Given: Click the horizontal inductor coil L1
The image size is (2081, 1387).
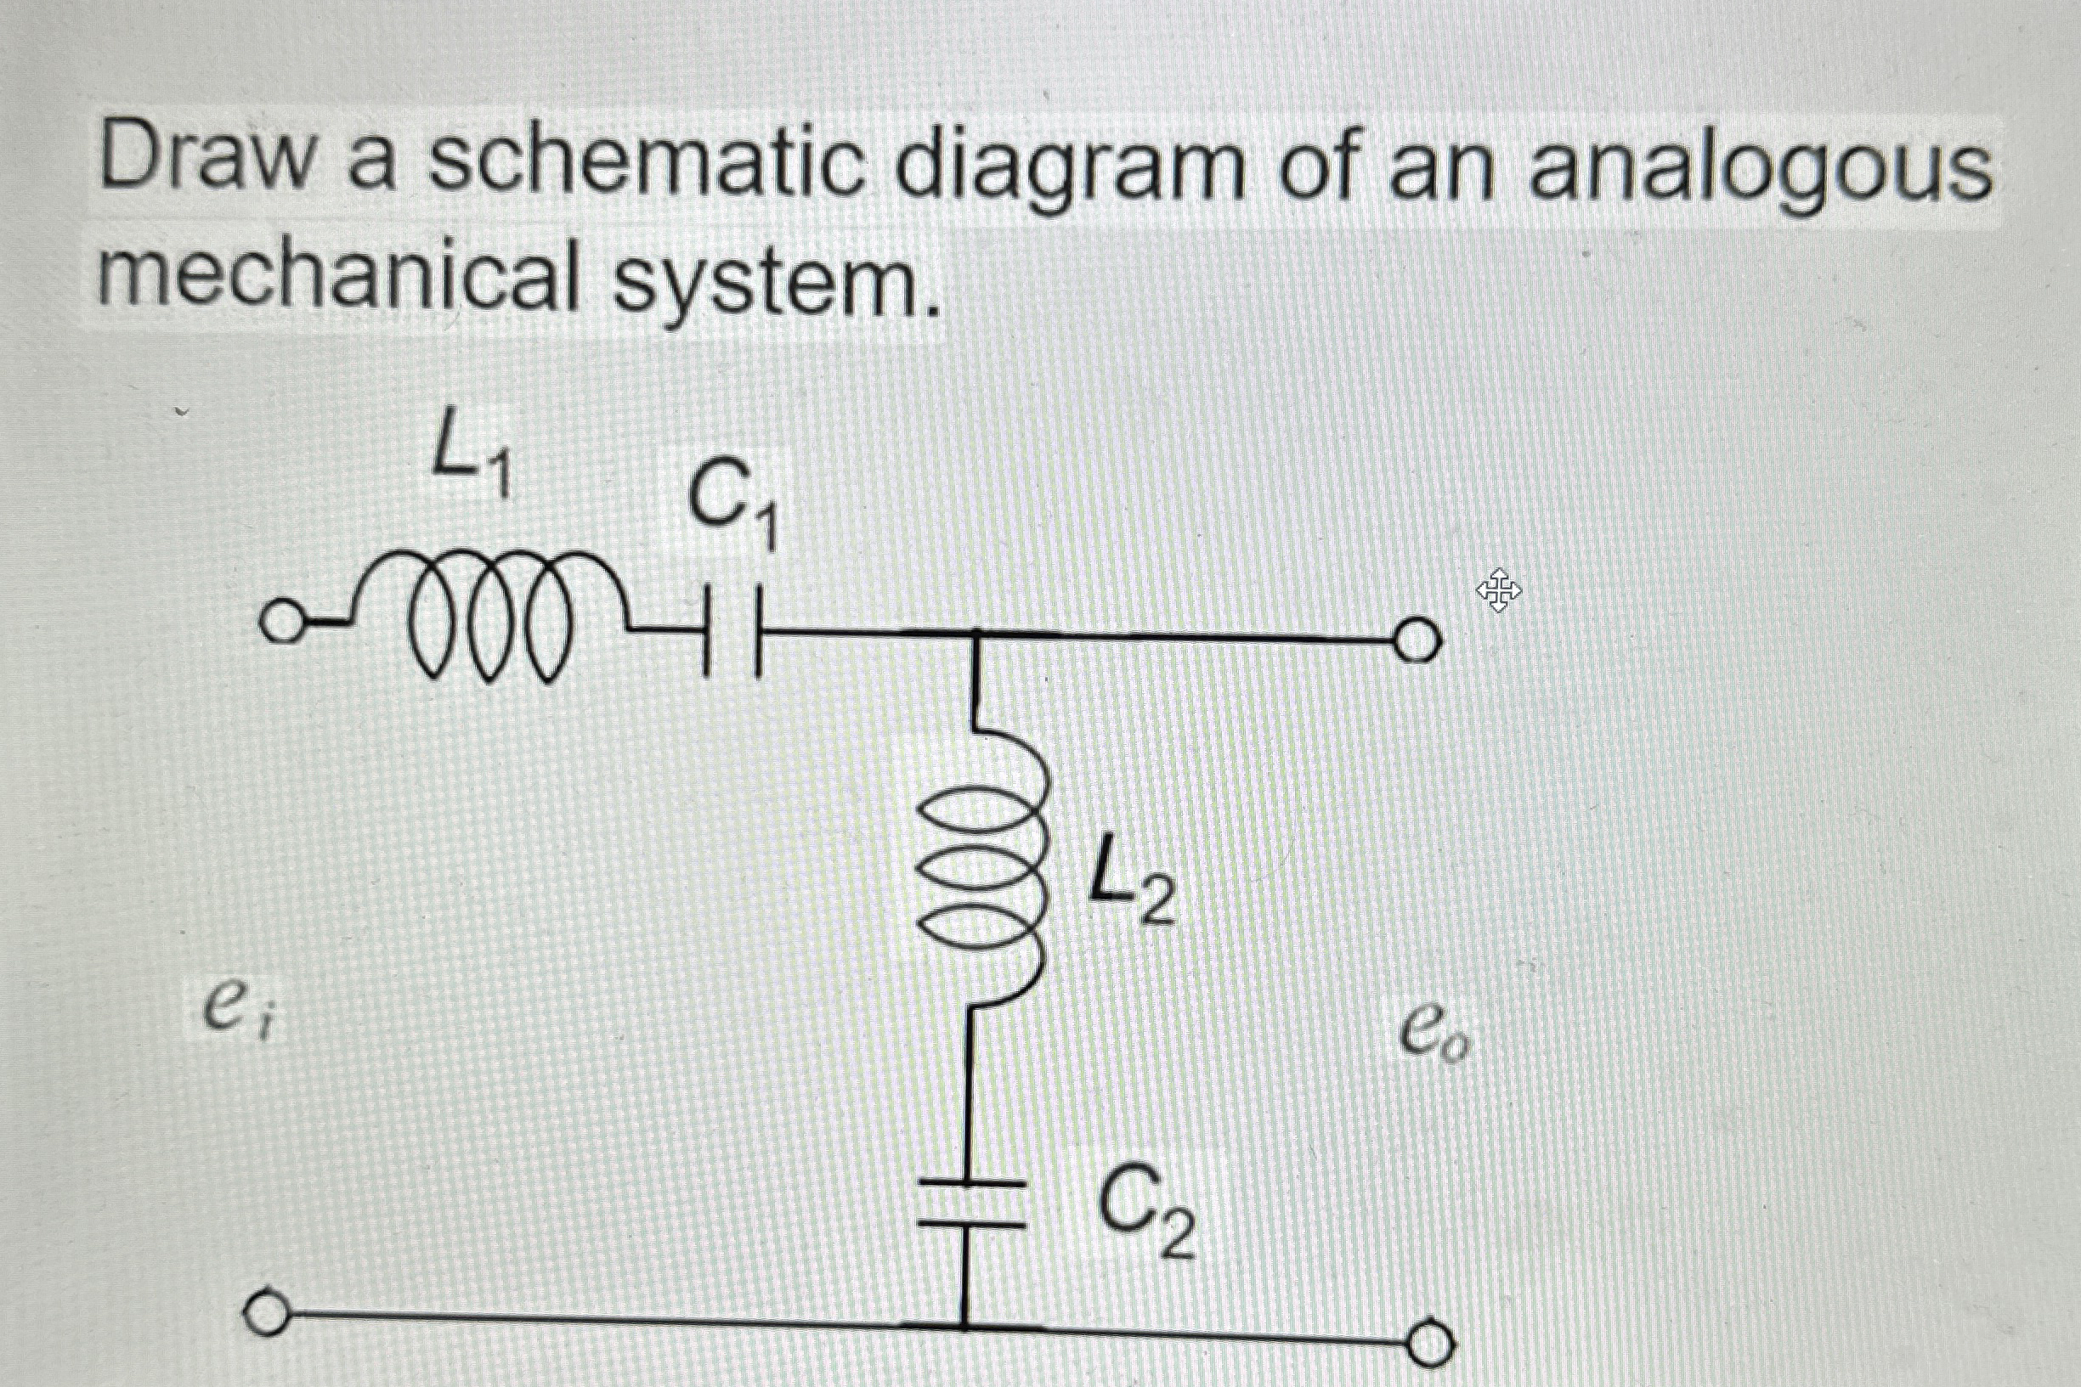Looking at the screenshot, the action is point(487,615).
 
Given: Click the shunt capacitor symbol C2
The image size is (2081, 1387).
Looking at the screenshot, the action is point(970,1203).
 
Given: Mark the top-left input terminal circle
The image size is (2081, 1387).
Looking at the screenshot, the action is point(280,623).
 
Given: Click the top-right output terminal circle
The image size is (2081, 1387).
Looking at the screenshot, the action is point(1417,640).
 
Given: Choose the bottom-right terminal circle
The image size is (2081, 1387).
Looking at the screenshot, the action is point(1430,1344).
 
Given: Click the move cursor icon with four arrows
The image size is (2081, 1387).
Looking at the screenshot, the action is point(1498,590).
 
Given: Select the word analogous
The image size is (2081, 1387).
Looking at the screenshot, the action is point(1761,172).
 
